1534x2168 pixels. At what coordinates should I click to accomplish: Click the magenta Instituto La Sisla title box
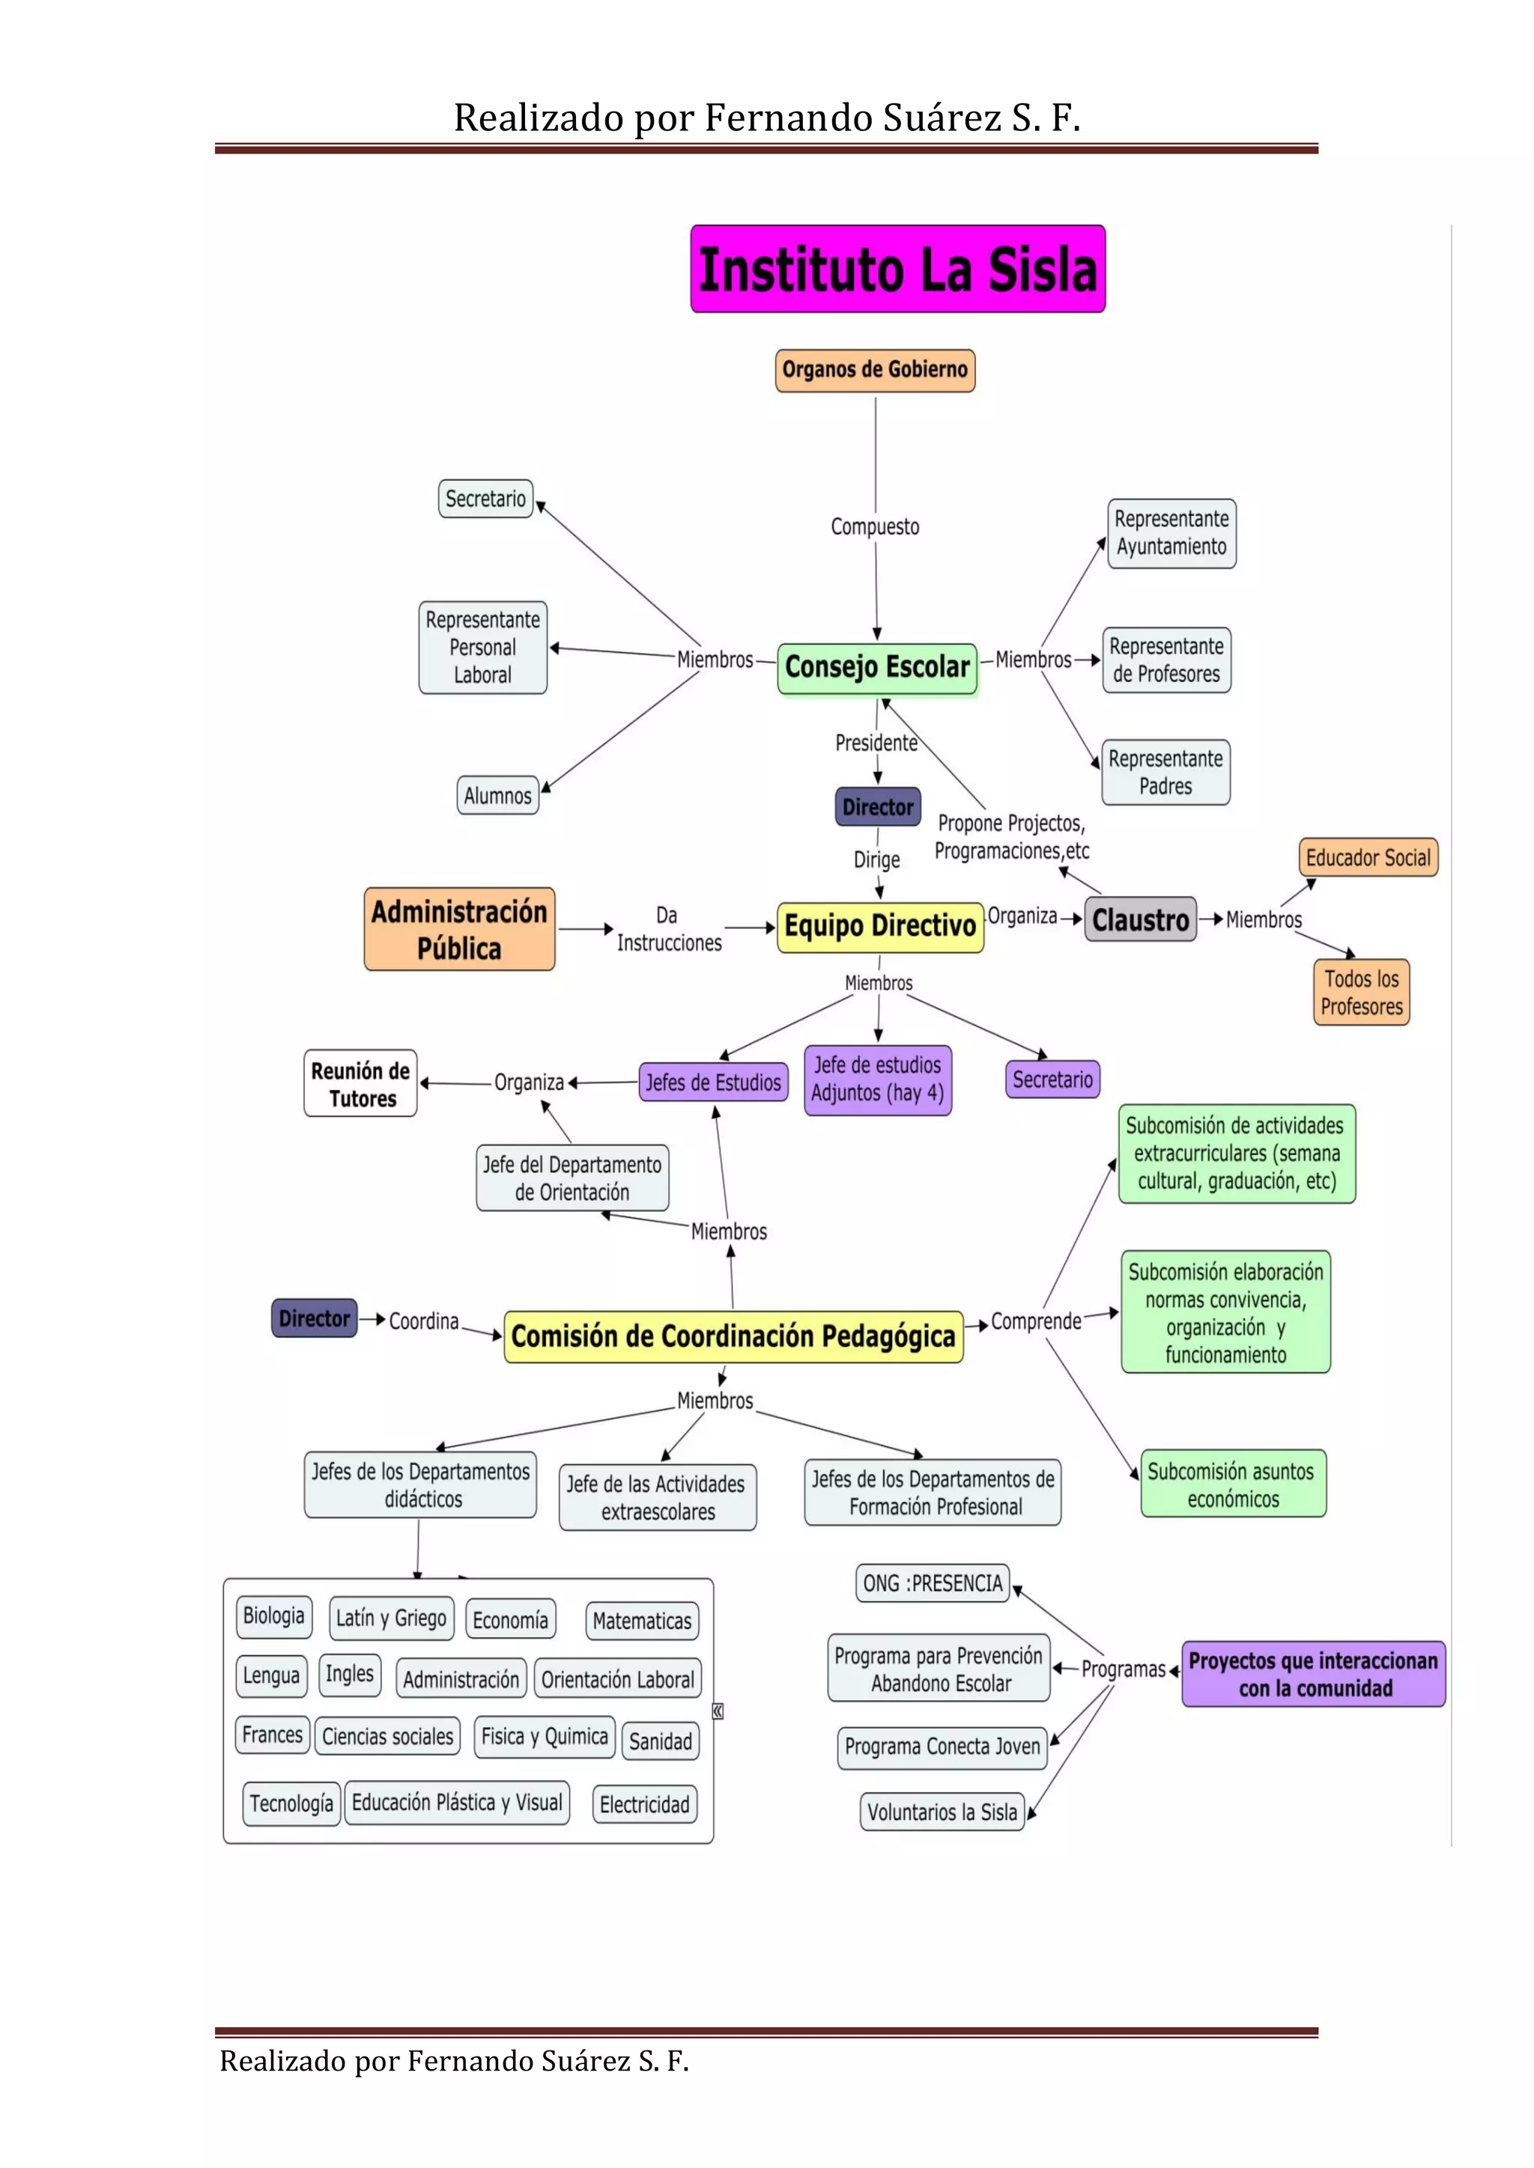pyautogui.click(x=897, y=269)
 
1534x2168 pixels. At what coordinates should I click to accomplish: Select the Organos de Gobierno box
pyautogui.click(x=875, y=370)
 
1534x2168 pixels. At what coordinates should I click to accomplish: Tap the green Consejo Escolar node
pyautogui.click(x=876, y=668)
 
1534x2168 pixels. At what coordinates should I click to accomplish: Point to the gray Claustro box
pyautogui.click(x=1140, y=920)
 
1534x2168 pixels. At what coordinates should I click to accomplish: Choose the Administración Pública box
pyautogui.click(x=459, y=929)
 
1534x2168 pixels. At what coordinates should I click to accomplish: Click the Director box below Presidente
pyautogui.click(x=878, y=807)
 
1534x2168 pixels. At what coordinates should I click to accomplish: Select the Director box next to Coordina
pyautogui.click(x=314, y=1318)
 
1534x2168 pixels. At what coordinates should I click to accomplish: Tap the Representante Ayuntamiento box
pyautogui.click(x=1171, y=534)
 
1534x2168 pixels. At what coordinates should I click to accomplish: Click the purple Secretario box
pyautogui.click(x=1052, y=1080)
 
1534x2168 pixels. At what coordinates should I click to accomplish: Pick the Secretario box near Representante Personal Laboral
pyautogui.click(x=485, y=499)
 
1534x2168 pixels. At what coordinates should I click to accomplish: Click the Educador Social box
pyautogui.click(x=1367, y=857)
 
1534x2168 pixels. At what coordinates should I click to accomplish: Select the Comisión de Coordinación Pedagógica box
pyautogui.click(x=733, y=1337)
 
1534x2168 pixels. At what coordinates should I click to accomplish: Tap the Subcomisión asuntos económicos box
pyautogui.click(x=1233, y=1485)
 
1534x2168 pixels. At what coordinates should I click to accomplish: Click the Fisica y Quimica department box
pyautogui.click(x=544, y=1737)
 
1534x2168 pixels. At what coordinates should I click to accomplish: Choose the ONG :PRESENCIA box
pyautogui.click(x=933, y=1583)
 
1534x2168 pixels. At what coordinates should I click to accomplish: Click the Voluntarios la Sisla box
pyautogui.click(x=942, y=1812)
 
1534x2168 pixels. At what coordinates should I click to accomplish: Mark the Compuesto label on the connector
pyautogui.click(x=875, y=527)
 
